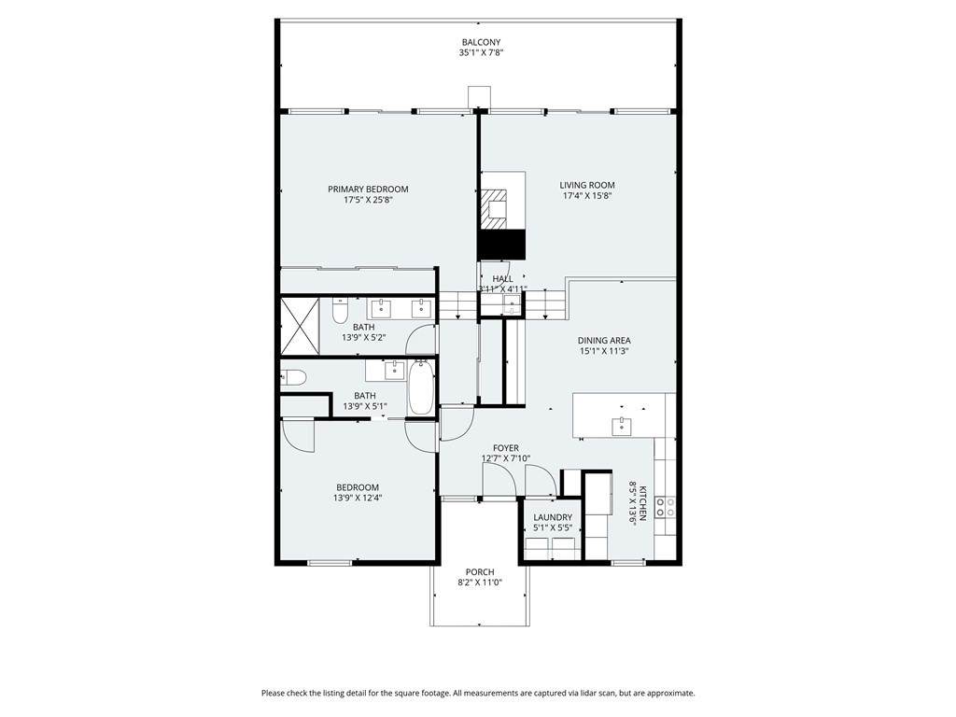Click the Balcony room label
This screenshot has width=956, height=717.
(x=481, y=42)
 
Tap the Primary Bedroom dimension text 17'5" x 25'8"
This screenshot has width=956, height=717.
(x=368, y=200)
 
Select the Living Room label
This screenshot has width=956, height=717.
(x=587, y=185)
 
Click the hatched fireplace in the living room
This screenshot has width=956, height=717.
(x=494, y=208)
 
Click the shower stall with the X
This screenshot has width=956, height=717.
(x=300, y=325)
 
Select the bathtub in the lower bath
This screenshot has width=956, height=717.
(x=420, y=387)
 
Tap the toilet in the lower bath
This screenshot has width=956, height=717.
(x=292, y=378)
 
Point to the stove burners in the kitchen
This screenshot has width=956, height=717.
(x=665, y=507)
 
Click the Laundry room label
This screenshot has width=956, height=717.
(x=553, y=517)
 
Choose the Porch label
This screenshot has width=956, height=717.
(x=480, y=572)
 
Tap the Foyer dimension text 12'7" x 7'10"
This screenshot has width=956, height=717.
(x=506, y=458)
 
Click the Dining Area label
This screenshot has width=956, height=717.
(x=604, y=340)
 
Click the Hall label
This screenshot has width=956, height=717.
(x=503, y=278)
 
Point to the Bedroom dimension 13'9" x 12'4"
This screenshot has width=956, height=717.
(x=358, y=498)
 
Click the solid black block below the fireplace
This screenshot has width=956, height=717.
(x=501, y=245)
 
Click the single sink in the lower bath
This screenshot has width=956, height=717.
(x=395, y=369)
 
